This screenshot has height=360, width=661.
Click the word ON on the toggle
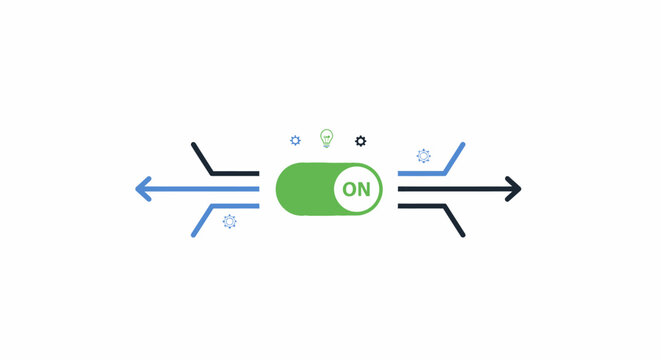pyautogui.click(x=356, y=188)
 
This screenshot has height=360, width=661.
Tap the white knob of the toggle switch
pyautogui.click(x=356, y=188)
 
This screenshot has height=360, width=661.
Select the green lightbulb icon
pyautogui.click(x=326, y=137)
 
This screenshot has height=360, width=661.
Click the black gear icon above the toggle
pyautogui.click(x=361, y=141)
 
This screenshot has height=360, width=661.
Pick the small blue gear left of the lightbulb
pyautogui.click(x=295, y=141)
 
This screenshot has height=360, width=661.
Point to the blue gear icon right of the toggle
pyautogui.click(x=423, y=156)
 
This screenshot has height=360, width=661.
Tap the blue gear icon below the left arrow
pyautogui.click(x=229, y=221)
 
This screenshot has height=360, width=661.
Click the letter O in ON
pyautogui.click(x=349, y=188)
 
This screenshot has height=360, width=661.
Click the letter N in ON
pyautogui.click(x=364, y=188)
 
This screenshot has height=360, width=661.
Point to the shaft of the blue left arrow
pyautogui.click(x=200, y=188)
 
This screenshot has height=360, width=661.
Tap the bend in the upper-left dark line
pyautogui.click(x=212, y=172)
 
